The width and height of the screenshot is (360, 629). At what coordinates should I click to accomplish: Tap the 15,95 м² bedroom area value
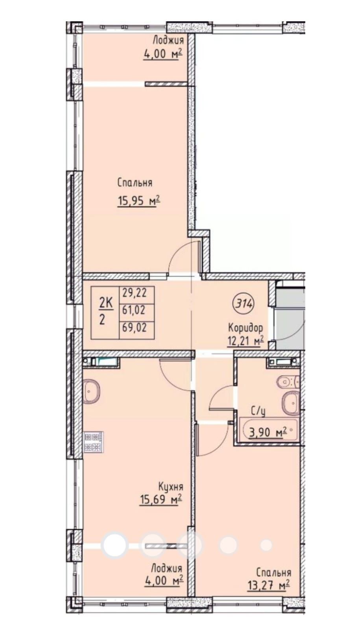tap(138, 201)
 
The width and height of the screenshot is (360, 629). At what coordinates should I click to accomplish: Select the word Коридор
tap(246, 327)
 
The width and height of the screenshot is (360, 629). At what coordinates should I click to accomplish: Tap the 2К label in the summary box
tap(106, 303)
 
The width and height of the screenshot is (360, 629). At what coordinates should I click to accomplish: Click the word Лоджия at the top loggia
tap(168, 41)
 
